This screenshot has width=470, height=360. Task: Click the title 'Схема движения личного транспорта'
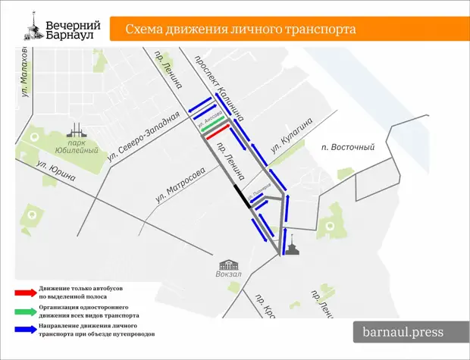click(240, 30)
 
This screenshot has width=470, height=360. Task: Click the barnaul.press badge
click(404, 332)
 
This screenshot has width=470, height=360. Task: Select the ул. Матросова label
click(180, 185)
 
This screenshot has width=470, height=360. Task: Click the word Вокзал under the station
click(230, 275)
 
